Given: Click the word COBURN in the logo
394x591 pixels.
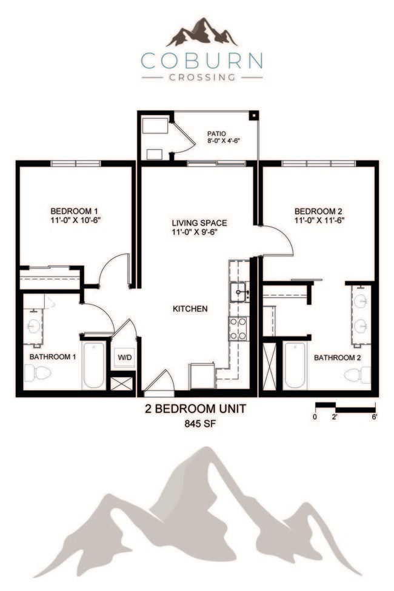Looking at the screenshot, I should pos(202,61).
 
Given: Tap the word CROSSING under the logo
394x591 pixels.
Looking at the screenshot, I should pos(202,77).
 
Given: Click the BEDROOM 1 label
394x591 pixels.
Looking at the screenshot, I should pos(75,211).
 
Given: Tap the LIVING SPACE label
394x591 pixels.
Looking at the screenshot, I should pos(195,222).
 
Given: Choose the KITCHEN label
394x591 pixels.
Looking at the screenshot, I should pos(190,309).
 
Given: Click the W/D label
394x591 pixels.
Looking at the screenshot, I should pos(124,358).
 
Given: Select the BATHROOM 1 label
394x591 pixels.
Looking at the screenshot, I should pos(53,357).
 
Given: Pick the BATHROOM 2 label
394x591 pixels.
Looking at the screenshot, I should pos(337,358).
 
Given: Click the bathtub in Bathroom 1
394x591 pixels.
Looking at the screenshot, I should pos(94,366).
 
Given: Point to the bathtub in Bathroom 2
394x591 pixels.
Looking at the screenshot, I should pos(295,366).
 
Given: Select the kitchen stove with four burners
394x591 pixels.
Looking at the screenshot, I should pos(237,329).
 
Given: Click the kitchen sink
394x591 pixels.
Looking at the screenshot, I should pos(239,292).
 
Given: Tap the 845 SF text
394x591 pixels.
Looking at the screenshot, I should pos(196,424).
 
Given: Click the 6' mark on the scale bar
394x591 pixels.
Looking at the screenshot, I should pos(375,416).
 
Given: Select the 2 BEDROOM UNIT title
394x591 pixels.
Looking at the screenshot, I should pos(196,409).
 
